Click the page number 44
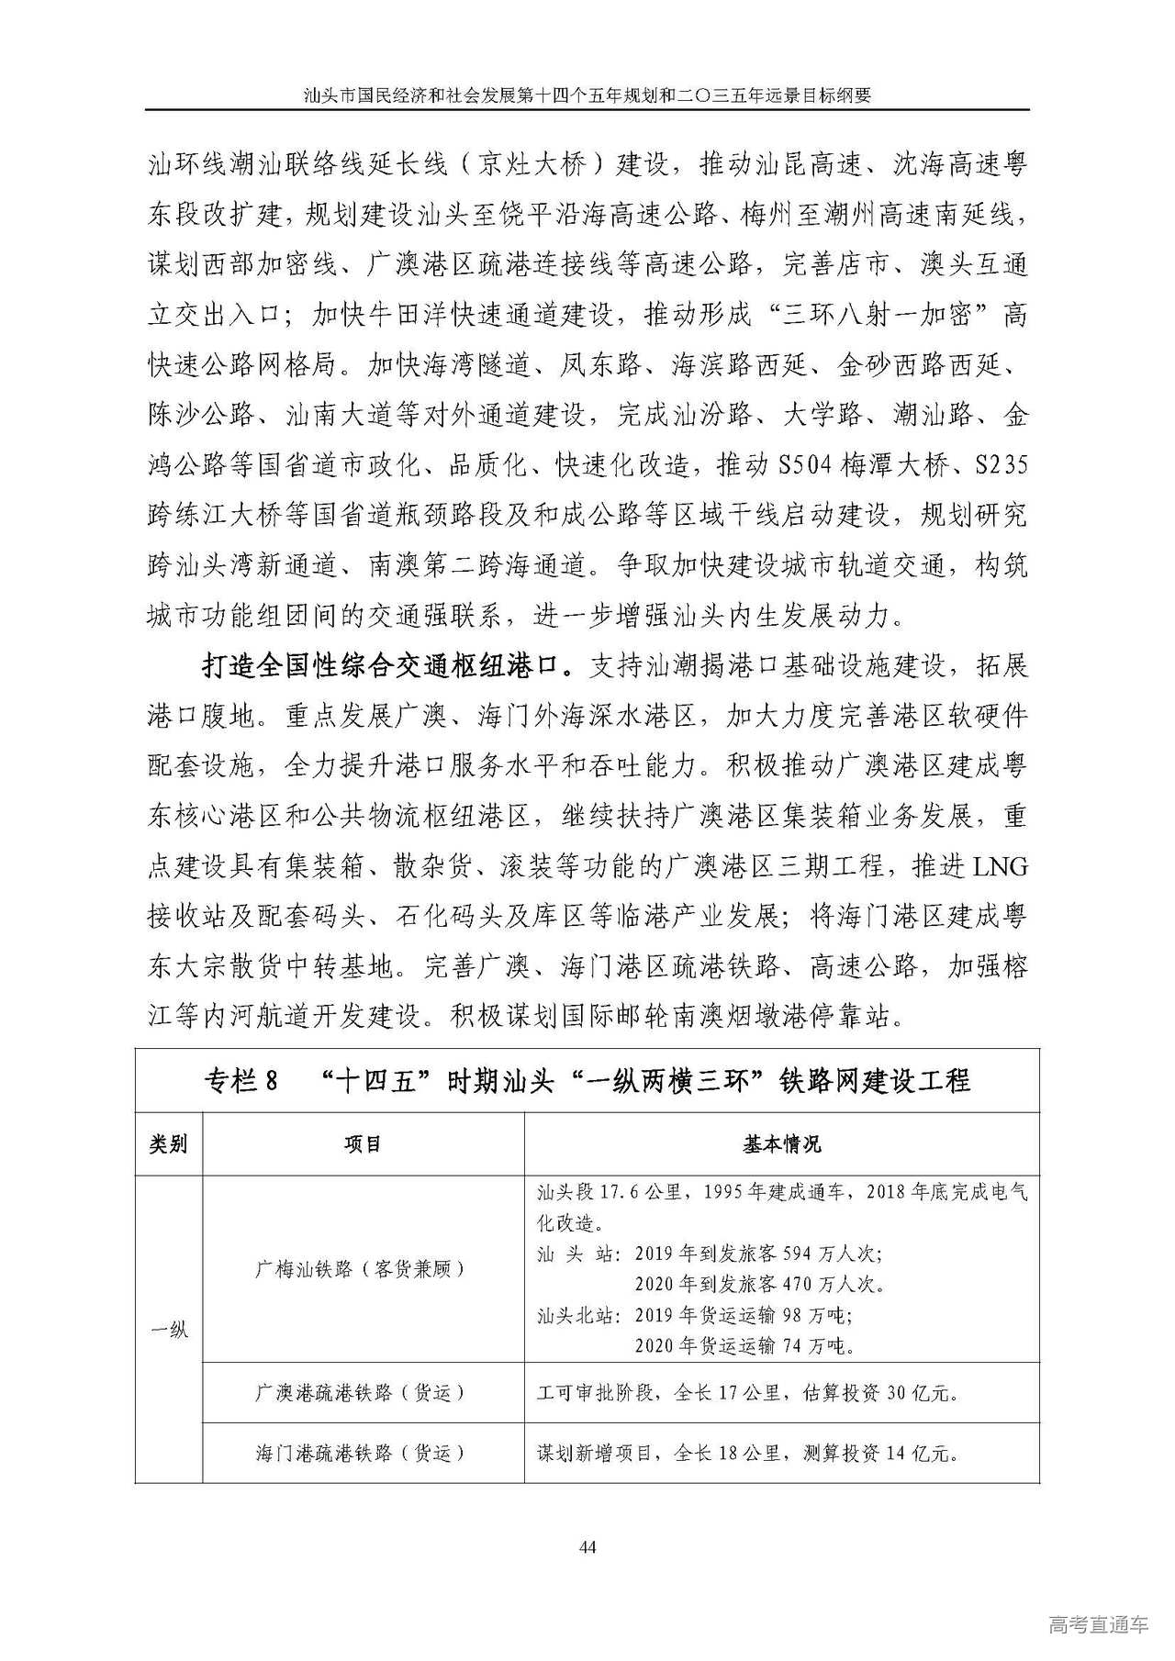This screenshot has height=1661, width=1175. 588,1548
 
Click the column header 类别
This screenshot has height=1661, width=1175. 168,1144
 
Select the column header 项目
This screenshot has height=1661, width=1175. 364,1144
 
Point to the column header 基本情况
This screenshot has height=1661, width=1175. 781,1144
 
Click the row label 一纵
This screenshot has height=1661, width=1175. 168,1329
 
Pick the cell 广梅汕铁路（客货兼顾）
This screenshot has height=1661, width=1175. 364,1269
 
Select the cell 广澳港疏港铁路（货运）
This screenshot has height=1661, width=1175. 364,1393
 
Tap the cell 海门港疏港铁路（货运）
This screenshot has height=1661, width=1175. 364,1453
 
